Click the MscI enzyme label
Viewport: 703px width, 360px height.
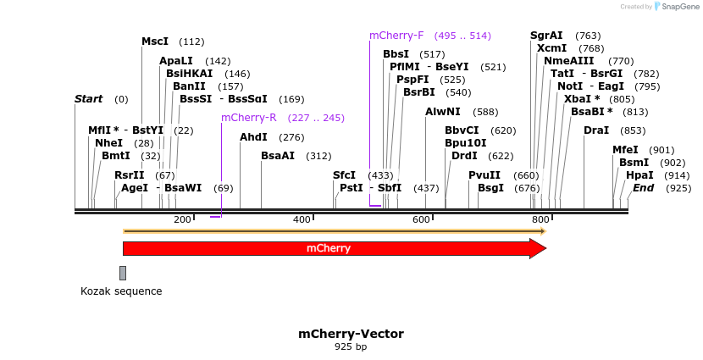155,41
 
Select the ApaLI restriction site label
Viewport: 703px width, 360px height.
176,60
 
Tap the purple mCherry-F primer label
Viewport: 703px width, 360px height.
396,36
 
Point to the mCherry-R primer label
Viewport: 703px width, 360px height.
249,118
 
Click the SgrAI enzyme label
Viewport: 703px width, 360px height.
546,36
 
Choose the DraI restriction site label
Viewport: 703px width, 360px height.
596,130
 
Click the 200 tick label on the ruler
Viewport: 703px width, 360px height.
182,219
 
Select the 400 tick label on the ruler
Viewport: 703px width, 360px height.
302,219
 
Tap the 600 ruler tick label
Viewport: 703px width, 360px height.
421,219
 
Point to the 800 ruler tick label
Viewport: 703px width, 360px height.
540,219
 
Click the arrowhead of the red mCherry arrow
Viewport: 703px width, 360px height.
538,248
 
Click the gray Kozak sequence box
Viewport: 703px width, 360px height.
123,273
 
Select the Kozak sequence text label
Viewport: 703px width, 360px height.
121,291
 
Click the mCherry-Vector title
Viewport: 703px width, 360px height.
351,334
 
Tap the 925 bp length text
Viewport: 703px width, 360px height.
351,346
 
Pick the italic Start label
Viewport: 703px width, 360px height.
88,99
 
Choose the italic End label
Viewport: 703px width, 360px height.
644,187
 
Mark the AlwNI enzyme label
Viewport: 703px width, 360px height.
443,111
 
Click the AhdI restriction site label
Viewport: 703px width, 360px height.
253,136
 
